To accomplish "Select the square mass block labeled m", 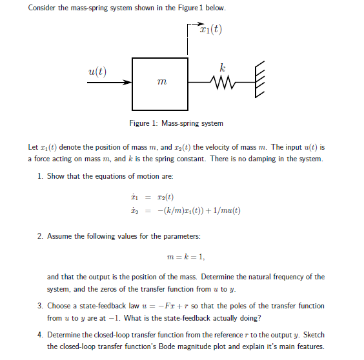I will (160, 83).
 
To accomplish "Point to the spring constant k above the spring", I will (223, 66).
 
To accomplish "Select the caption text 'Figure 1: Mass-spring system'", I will (176, 123).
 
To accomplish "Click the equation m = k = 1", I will (185, 256).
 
